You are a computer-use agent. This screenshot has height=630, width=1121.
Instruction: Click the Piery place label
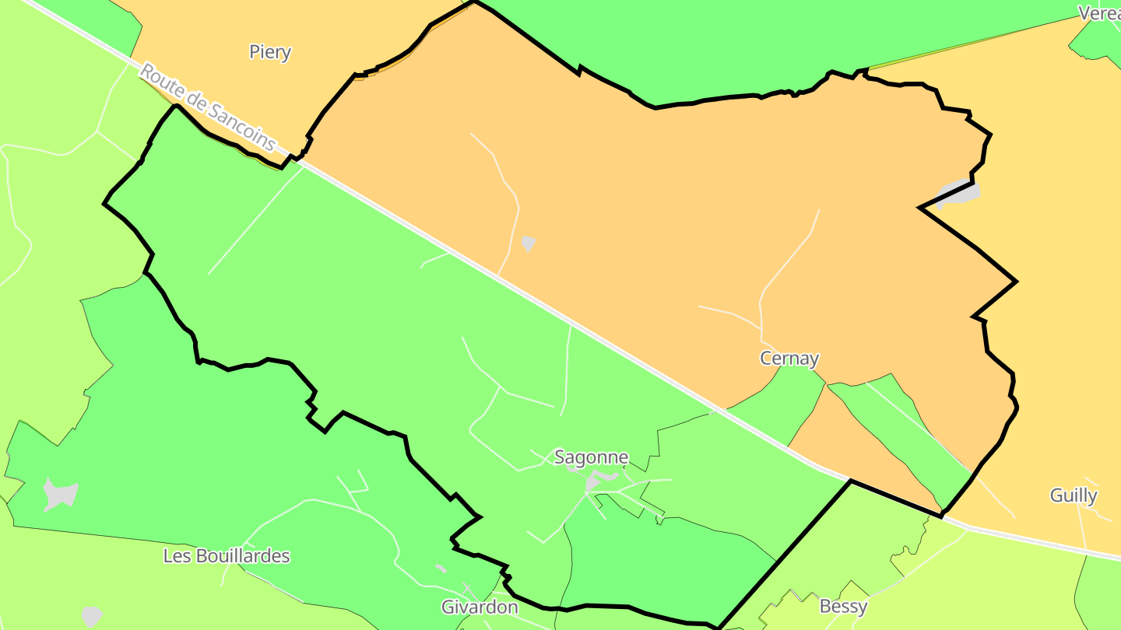pos(270,52)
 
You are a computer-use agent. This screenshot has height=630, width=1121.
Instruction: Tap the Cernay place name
pos(789,359)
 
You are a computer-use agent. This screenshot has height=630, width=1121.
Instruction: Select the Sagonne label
pos(591,457)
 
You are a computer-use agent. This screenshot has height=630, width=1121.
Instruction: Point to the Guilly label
pos(1074,495)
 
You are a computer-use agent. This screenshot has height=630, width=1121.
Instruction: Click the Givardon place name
pos(480,607)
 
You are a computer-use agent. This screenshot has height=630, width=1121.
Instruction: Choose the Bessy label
pos(843,606)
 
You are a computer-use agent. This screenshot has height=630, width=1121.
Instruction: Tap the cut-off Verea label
pos(1098,13)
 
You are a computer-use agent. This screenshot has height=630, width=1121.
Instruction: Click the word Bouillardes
pos(241,556)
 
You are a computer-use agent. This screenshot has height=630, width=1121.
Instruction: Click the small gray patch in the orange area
pos(529,243)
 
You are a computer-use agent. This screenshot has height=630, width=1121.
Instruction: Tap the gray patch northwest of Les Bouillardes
pos(61,494)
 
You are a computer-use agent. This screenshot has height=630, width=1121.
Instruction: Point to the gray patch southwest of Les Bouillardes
pos(92,615)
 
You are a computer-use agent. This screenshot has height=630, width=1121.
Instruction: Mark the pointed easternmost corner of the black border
pos(1016,281)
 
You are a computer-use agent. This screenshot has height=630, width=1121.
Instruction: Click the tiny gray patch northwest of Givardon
pos(441,569)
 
